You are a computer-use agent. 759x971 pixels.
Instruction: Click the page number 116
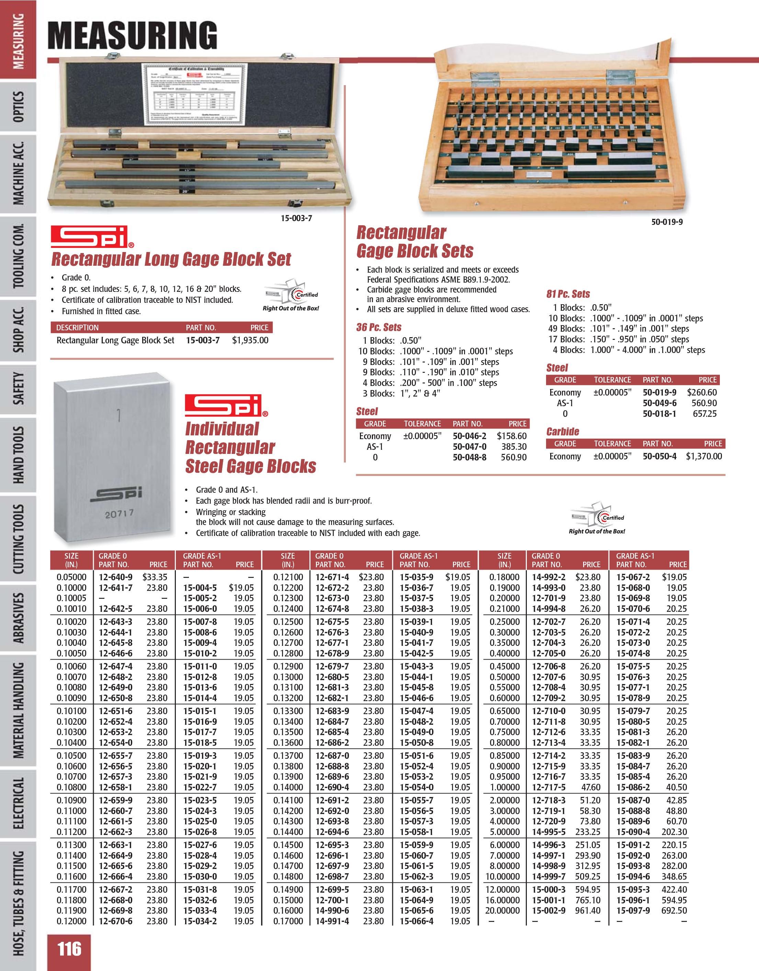point(69,948)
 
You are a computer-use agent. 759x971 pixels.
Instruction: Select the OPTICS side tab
point(19,107)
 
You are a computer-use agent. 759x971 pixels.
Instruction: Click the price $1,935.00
point(250,341)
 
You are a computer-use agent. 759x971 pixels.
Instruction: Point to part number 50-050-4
point(659,456)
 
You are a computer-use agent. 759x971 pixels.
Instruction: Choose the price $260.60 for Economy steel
point(702,392)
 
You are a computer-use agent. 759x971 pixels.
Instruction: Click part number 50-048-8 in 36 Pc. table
point(469,457)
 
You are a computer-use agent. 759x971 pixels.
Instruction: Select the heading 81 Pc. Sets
point(568,294)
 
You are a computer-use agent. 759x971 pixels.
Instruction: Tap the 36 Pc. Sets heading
point(378,327)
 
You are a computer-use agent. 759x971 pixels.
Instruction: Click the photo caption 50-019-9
point(667,222)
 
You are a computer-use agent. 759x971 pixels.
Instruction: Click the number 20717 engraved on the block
point(119,514)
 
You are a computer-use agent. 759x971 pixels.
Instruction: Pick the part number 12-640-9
point(115,577)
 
